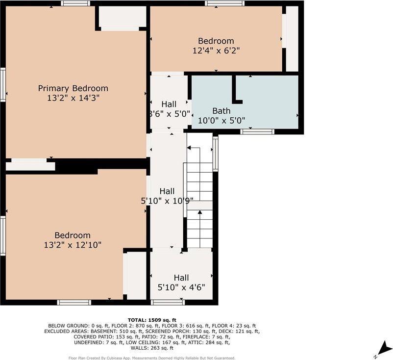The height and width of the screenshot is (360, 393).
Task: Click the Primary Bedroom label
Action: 73,88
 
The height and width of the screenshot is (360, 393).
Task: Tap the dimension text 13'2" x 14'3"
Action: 73,98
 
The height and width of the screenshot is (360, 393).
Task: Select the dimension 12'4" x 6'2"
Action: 216,50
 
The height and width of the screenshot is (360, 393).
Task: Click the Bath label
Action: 221,111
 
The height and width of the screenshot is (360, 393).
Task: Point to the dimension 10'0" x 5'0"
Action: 221,120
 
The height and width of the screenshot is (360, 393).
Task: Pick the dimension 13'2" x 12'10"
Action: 73,244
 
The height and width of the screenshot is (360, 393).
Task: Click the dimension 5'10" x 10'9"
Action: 167,200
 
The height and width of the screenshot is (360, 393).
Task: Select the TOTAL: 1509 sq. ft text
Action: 152,320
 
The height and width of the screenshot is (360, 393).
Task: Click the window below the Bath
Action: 257,131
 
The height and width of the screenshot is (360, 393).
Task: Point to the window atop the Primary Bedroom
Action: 75,3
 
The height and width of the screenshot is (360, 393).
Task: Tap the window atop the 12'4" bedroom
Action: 224,3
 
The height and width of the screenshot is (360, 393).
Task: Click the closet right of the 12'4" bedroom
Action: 292,38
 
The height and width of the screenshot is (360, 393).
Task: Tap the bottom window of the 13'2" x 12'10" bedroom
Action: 74,302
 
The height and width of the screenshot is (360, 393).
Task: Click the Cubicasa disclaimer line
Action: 152,358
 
